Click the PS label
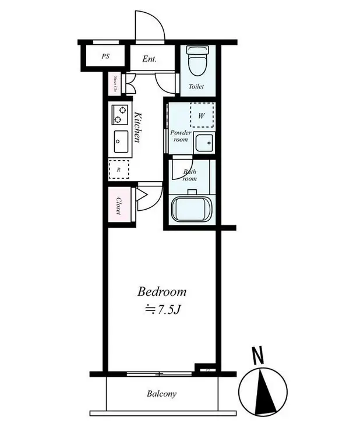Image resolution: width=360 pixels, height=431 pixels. pos(105,56)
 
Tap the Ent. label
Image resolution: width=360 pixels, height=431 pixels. pos(150,59)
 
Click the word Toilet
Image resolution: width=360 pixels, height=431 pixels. pos(196,87)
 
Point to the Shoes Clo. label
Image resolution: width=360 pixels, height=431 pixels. pos(115,84)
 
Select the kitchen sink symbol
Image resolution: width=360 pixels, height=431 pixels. pos(121,142)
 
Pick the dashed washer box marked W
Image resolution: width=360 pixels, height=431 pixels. pos(202,115)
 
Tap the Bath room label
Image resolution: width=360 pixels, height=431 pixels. pos(190,175)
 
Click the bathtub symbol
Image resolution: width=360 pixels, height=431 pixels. pos(191,207)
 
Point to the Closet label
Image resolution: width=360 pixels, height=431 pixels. pos(118,206)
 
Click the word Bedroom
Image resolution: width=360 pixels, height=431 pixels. pos(162,291)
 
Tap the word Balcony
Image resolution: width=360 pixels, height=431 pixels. pos(161,394)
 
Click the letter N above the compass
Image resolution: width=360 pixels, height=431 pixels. pos(256,354)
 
